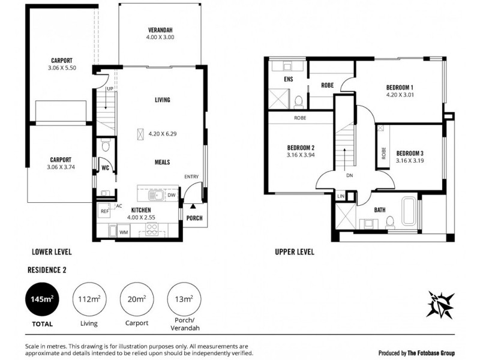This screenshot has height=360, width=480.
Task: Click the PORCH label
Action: tap(194, 218)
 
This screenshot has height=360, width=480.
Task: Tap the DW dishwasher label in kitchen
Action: tap(172, 195)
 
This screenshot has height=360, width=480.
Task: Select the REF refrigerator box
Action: tap(104, 211)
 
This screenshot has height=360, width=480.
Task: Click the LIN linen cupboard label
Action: tap(341, 196)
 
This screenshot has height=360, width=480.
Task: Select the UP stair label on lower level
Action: tap(110, 89)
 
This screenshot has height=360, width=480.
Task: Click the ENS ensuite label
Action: tap(288, 80)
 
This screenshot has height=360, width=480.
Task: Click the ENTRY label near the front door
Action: tap(191, 176)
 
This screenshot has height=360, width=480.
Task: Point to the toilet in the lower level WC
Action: tap(105, 145)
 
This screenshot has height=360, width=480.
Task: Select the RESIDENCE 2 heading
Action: tap(46, 270)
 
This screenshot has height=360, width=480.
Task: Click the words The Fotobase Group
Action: tap(435, 352)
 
